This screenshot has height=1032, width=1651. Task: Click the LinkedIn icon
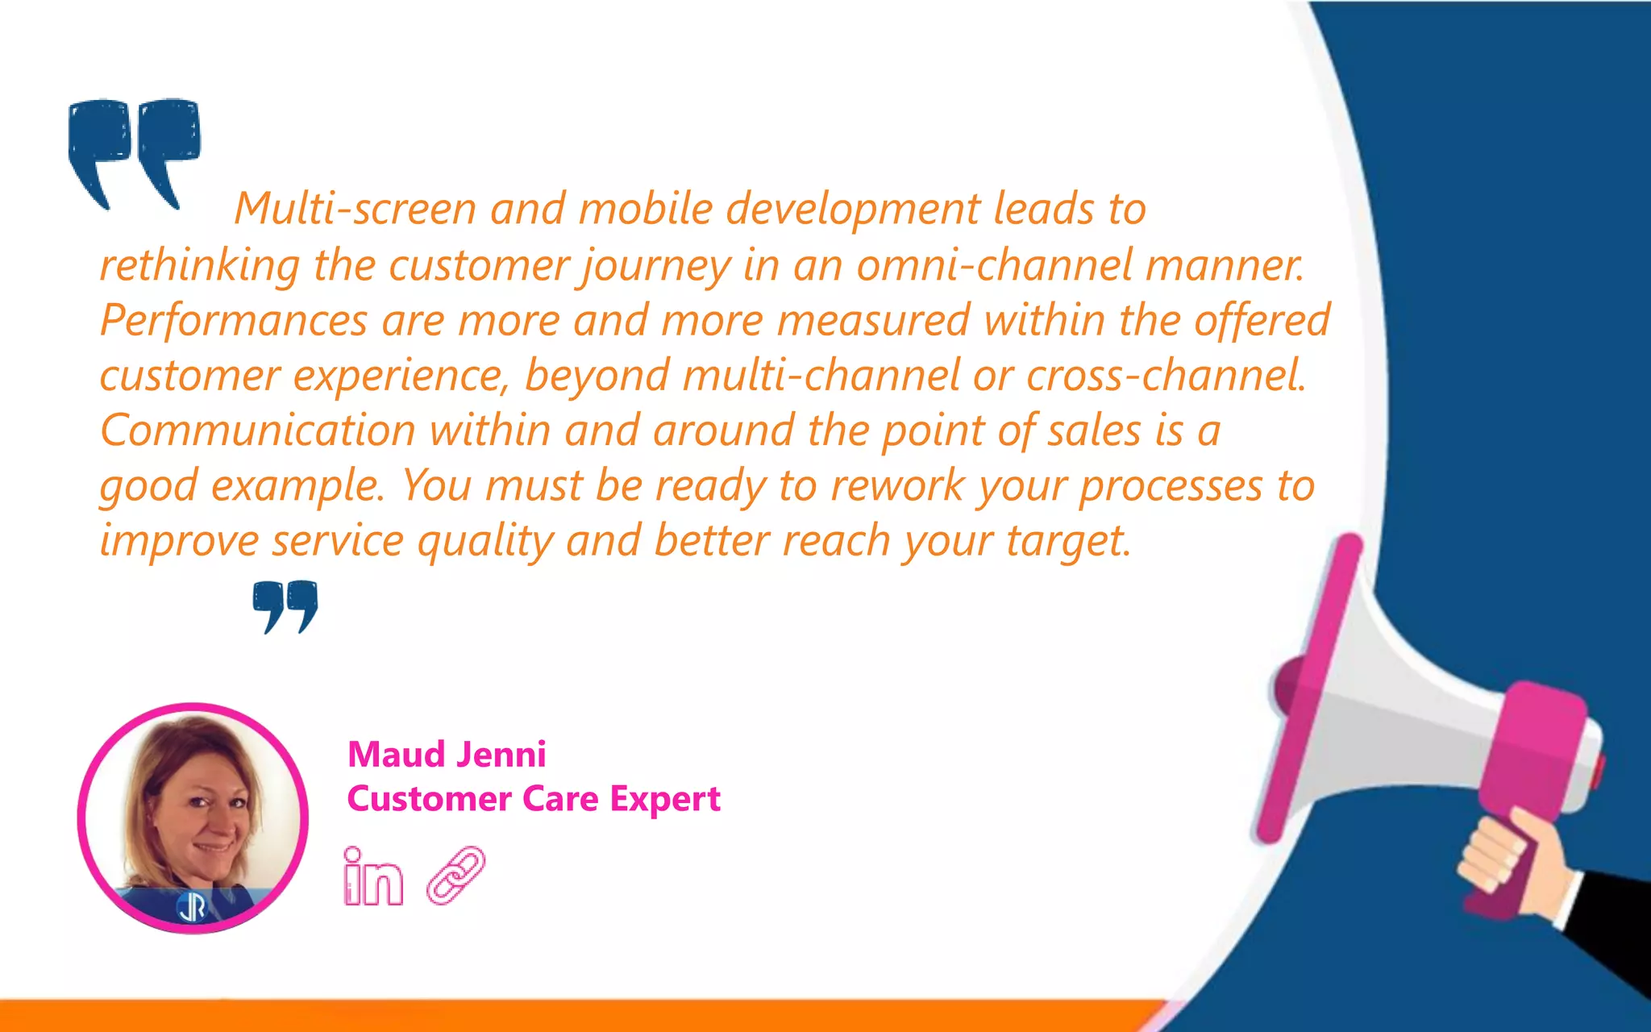(372, 876)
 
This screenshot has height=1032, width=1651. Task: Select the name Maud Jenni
(447, 755)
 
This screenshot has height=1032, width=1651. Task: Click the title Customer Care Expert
(534, 799)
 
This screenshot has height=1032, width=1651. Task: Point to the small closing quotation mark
(285, 605)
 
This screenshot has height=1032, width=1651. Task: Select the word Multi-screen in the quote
(356, 209)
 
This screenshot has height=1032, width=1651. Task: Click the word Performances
(234, 320)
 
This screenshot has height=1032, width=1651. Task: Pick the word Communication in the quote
(258, 431)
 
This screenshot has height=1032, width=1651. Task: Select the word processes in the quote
(1171, 487)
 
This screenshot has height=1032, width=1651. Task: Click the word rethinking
(199, 265)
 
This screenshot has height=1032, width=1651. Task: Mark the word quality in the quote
(484, 541)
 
